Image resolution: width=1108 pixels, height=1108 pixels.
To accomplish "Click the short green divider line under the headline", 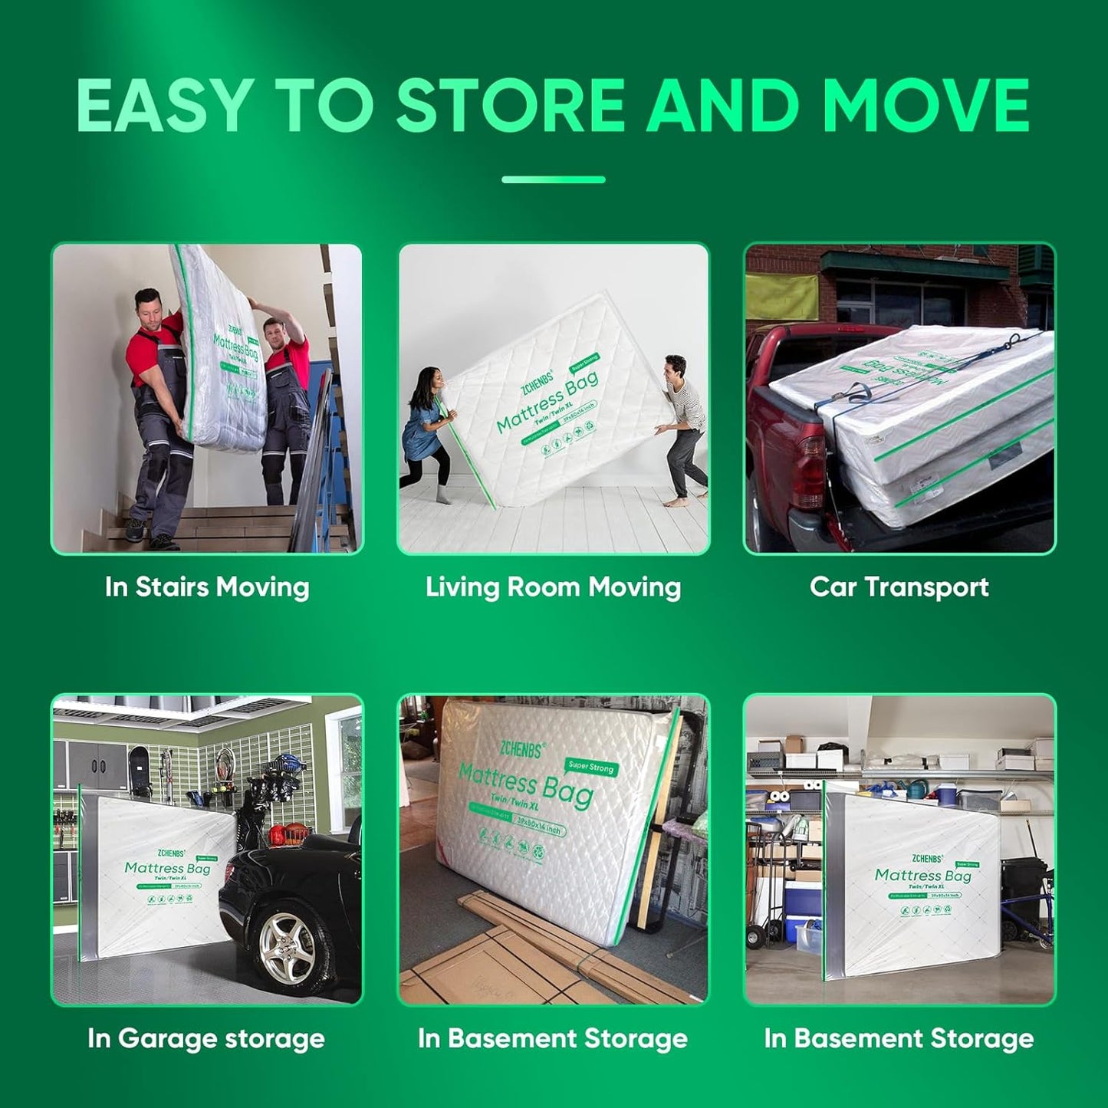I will tap(553, 179).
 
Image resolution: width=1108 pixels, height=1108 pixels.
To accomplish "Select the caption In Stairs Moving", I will tap(207, 587).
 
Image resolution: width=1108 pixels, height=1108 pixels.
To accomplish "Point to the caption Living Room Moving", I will tap(553, 587).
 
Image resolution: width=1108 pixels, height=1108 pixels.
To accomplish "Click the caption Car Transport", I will tap(899, 587).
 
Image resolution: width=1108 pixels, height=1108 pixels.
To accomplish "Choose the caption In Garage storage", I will tap(206, 1039).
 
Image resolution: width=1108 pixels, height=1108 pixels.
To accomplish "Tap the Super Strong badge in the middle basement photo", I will tap(591, 766).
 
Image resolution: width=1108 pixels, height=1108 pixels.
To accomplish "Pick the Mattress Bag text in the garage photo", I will tap(167, 868).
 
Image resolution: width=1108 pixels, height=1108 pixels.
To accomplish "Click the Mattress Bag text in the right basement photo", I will tap(922, 875).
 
